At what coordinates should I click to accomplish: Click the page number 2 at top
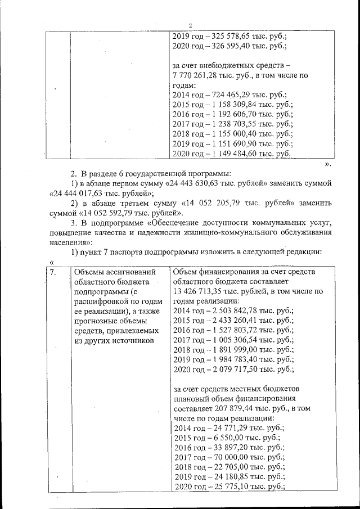190,25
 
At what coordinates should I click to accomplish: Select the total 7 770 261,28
198,75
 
